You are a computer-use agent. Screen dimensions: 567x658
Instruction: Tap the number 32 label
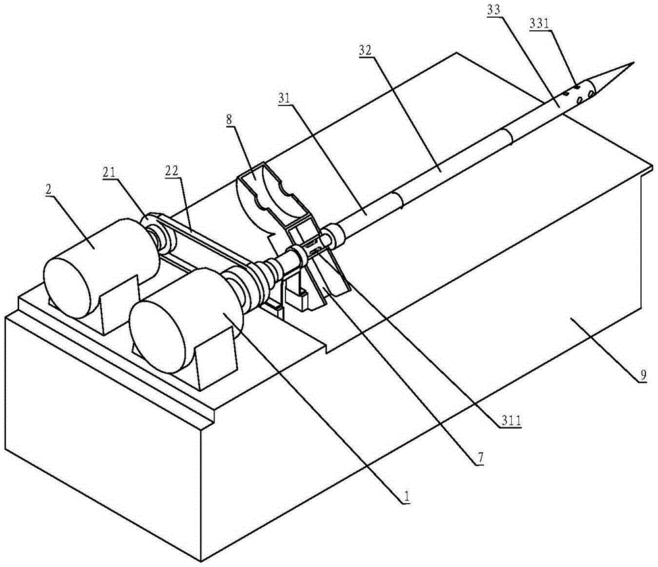pos(367,51)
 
